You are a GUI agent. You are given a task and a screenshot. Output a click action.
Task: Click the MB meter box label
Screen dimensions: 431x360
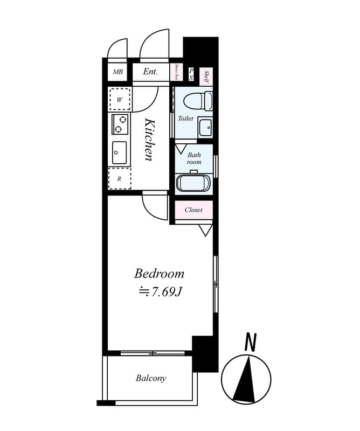click(117, 72)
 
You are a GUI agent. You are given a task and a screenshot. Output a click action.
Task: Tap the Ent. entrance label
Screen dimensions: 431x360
click(150, 72)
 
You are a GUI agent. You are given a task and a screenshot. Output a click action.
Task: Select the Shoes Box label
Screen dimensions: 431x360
click(176, 72)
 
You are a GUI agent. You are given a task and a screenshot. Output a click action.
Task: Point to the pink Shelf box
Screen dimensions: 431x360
click(206, 76)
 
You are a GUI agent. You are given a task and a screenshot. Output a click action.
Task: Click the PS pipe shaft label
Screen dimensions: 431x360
click(191, 74)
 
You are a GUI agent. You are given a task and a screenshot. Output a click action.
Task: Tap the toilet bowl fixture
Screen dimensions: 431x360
click(195, 100)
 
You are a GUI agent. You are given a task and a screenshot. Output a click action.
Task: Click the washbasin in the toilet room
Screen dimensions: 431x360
click(205, 127)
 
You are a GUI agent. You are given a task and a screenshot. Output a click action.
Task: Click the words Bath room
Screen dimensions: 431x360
click(194, 158)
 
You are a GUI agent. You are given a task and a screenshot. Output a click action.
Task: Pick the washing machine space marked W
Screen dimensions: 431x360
click(120, 99)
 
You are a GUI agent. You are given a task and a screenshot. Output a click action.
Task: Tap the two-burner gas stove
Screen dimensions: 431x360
click(120, 124)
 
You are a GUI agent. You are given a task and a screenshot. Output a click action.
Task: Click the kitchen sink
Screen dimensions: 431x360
click(119, 152)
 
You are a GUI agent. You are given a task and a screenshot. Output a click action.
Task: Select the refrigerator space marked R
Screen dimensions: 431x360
click(119, 178)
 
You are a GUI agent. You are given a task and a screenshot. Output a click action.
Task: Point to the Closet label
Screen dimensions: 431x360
click(193, 210)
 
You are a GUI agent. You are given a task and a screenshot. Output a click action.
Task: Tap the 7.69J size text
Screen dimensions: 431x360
click(160, 292)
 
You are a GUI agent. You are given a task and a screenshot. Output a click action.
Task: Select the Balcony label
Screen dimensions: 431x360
click(151, 378)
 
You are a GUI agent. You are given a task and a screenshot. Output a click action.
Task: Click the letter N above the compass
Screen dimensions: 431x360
click(250, 342)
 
